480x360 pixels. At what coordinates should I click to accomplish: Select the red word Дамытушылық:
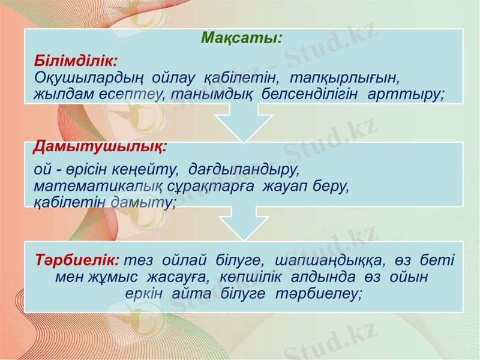coord(100,146)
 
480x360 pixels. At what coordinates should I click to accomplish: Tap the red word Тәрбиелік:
coord(77,261)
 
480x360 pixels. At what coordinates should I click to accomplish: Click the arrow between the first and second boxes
coord(244,123)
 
